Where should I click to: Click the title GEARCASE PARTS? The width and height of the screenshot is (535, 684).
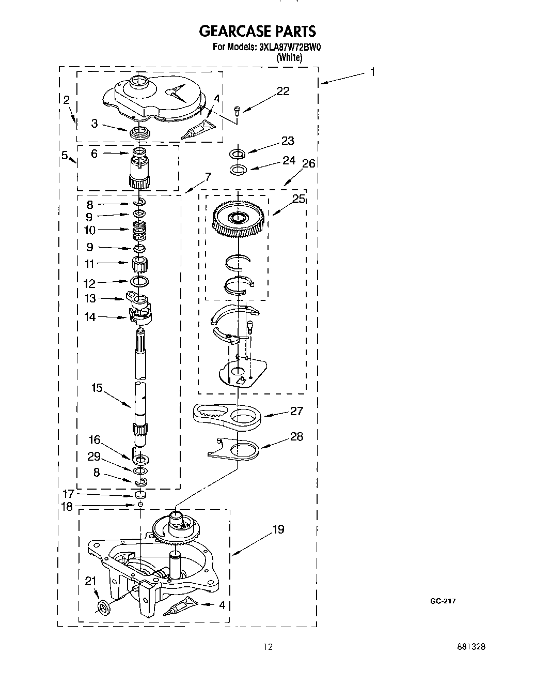click(x=257, y=32)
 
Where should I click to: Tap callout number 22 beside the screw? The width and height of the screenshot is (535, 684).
click(x=283, y=91)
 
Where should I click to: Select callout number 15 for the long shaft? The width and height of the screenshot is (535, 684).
click(x=97, y=387)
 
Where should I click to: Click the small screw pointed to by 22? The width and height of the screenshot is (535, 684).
click(x=237, y=110)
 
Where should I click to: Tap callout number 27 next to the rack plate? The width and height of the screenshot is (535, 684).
click(x=296, y=411)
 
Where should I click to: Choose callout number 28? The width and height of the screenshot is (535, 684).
click(x=296, y=436)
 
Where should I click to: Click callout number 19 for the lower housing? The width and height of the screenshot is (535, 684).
click(x=278, y=529)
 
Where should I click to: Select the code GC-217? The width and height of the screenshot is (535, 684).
click(x=443, y=601)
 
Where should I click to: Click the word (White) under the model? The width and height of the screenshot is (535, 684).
click(x=289, y=57)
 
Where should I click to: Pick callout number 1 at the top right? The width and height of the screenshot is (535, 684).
click(x=372, y=72)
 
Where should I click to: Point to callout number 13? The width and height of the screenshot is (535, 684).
click(x=90, y=298)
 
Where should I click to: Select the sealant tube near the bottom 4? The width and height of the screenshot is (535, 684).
click(x=179, y=606)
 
